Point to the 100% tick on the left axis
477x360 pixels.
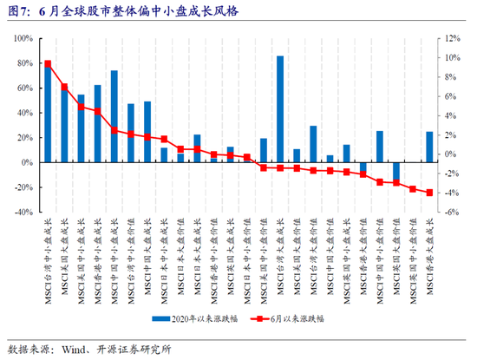[x=22, y=39]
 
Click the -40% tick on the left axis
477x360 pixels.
[x=22, y=212]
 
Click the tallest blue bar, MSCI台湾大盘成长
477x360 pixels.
[x=280, y=108]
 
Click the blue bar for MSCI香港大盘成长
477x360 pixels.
[x=429, y=147]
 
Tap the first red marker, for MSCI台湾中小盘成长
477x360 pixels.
[x=48, y=63]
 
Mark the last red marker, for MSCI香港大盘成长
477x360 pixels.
[x=429, y=193]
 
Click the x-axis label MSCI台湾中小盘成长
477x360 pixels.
[x=49, y=255]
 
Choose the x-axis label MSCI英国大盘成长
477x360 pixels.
[x=231, y=257]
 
